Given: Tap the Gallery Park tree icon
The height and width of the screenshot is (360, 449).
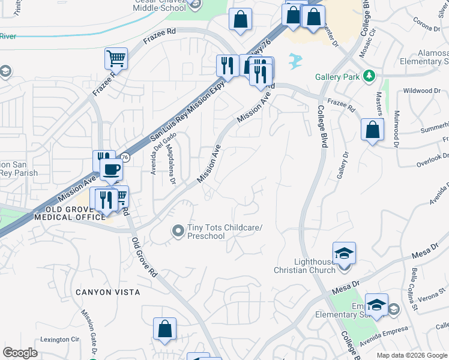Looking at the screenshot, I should pos(370,76).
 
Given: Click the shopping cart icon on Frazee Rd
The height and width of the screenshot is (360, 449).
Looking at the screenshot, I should pos(116,59).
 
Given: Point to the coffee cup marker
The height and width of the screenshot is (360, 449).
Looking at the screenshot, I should pos(110,170).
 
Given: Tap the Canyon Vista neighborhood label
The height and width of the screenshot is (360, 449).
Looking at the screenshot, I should pos(108,292).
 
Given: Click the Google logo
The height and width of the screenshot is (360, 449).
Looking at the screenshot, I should pos(20,353).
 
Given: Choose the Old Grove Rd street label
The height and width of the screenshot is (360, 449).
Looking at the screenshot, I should pos(145,257).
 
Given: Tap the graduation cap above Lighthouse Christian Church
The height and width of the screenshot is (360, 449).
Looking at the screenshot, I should pos(345,253).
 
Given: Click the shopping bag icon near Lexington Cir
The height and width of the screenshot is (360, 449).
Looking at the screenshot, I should pos(164,329).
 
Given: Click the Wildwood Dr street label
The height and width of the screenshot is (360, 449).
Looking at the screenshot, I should pos(422,91).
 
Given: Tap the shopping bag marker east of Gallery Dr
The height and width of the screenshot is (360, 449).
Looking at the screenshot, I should pos(372,130).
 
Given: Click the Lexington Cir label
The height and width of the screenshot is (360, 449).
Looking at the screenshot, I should pos(59,340).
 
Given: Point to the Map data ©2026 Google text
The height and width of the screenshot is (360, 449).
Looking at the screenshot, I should pos(412,355).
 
